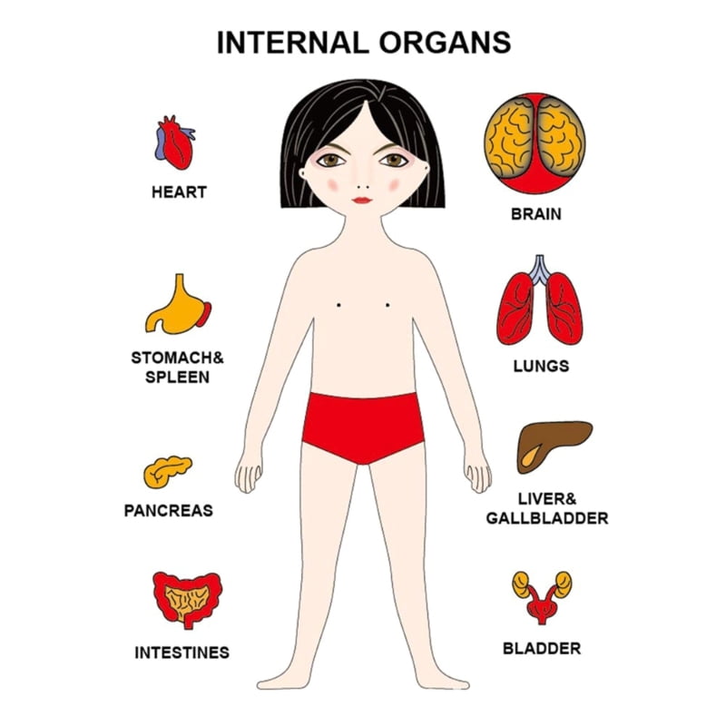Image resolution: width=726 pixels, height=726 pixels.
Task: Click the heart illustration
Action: (x=175, y=142)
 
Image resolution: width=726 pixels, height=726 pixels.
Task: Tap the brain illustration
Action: (x=535, y=143)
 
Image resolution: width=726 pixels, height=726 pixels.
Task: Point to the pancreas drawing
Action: (x=168, y=472)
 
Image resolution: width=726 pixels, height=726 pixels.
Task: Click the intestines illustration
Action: (x=188, y=600)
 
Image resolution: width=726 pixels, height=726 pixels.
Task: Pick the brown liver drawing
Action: (x=554, y=446)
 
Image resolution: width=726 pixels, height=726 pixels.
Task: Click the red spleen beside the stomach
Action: (x=204, y=314)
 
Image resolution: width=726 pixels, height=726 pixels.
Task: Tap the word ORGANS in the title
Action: (x=445, y=43)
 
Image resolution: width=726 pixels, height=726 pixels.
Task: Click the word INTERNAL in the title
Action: (x=292, y=43)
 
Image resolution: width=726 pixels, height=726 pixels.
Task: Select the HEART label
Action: (x=179, y=192)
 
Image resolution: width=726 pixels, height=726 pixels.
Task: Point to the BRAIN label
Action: (x=536, y=214)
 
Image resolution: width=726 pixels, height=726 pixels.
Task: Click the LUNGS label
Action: (x=541, y=367)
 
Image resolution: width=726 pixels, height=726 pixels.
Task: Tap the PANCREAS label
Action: (x=169, y=511)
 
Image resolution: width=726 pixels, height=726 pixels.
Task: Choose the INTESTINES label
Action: (x=182, y=652)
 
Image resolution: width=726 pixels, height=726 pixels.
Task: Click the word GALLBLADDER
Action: (x=547, y=518)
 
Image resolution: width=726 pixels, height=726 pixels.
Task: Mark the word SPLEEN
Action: (x=177, y=378)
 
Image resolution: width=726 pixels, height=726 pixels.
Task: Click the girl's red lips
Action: (x=361, y=200)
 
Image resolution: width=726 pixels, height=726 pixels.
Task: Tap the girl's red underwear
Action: (x=364, y=427)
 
